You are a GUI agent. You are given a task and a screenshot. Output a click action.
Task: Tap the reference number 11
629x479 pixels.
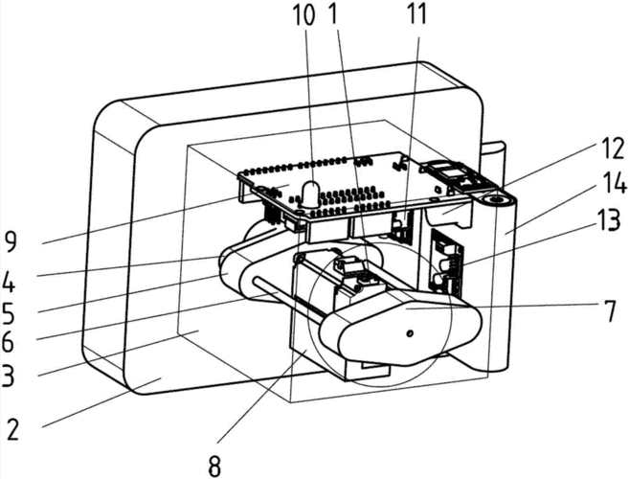(416, 15)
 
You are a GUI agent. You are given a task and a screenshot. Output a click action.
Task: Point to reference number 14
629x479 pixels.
(614, 184)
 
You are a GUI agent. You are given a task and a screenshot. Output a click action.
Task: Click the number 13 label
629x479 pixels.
(609, 220)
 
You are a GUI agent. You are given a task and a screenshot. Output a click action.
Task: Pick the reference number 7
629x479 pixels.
(610, 312)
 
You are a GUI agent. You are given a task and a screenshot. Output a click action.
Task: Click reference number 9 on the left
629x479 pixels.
(11, 243)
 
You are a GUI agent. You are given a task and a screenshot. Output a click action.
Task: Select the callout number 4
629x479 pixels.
(9, 283)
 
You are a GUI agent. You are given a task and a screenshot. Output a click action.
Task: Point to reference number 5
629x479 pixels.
(8, 313)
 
